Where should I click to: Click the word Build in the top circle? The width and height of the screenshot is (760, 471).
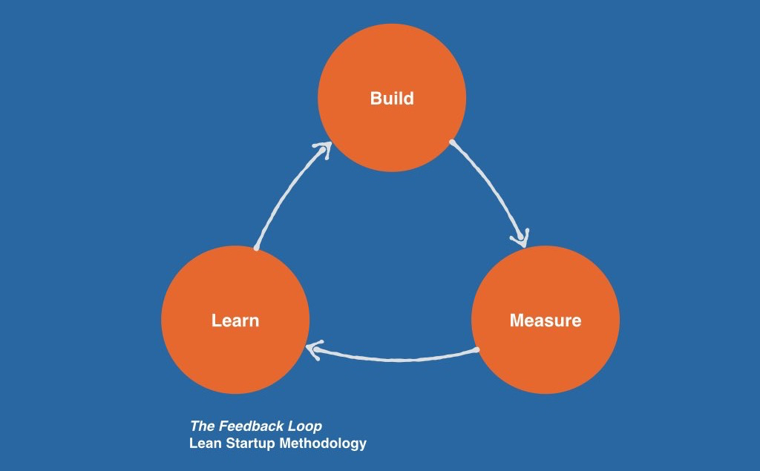(x=392, y=99)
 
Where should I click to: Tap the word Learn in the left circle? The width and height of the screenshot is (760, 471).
(x=235, y=321)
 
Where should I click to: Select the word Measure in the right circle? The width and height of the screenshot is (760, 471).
(x=546, y=321)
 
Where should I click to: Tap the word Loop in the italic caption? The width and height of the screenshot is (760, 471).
(x=305, y=426)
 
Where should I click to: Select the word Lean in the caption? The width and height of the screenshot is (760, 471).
(x=203, y=444)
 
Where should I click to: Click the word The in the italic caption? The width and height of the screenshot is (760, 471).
(x=202, y=426)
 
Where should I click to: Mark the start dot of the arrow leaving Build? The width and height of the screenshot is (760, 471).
(x=451, y=141)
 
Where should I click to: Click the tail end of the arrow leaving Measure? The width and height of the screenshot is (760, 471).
(x=478, y=349)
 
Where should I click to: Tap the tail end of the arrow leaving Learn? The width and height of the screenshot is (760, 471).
(x=255, y=248)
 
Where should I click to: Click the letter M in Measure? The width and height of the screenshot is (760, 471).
(x=517, y=321)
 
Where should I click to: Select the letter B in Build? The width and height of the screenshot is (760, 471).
(x=376, y=99)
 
